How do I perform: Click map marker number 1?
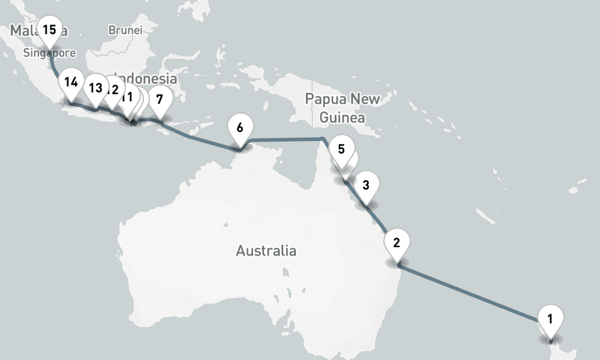coord(551,317)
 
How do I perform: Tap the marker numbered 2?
coord(397,242)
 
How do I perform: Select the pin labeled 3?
coord(366,184)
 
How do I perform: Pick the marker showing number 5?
coord(341,149)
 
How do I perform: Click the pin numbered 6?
coord(240,127)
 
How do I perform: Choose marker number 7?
coord(159,98)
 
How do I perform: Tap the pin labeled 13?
coord(95,88)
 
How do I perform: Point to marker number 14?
coord(71,82)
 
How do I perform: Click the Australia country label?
coord(266,250)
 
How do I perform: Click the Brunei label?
coord(125,29)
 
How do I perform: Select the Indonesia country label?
coord(147,79)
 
